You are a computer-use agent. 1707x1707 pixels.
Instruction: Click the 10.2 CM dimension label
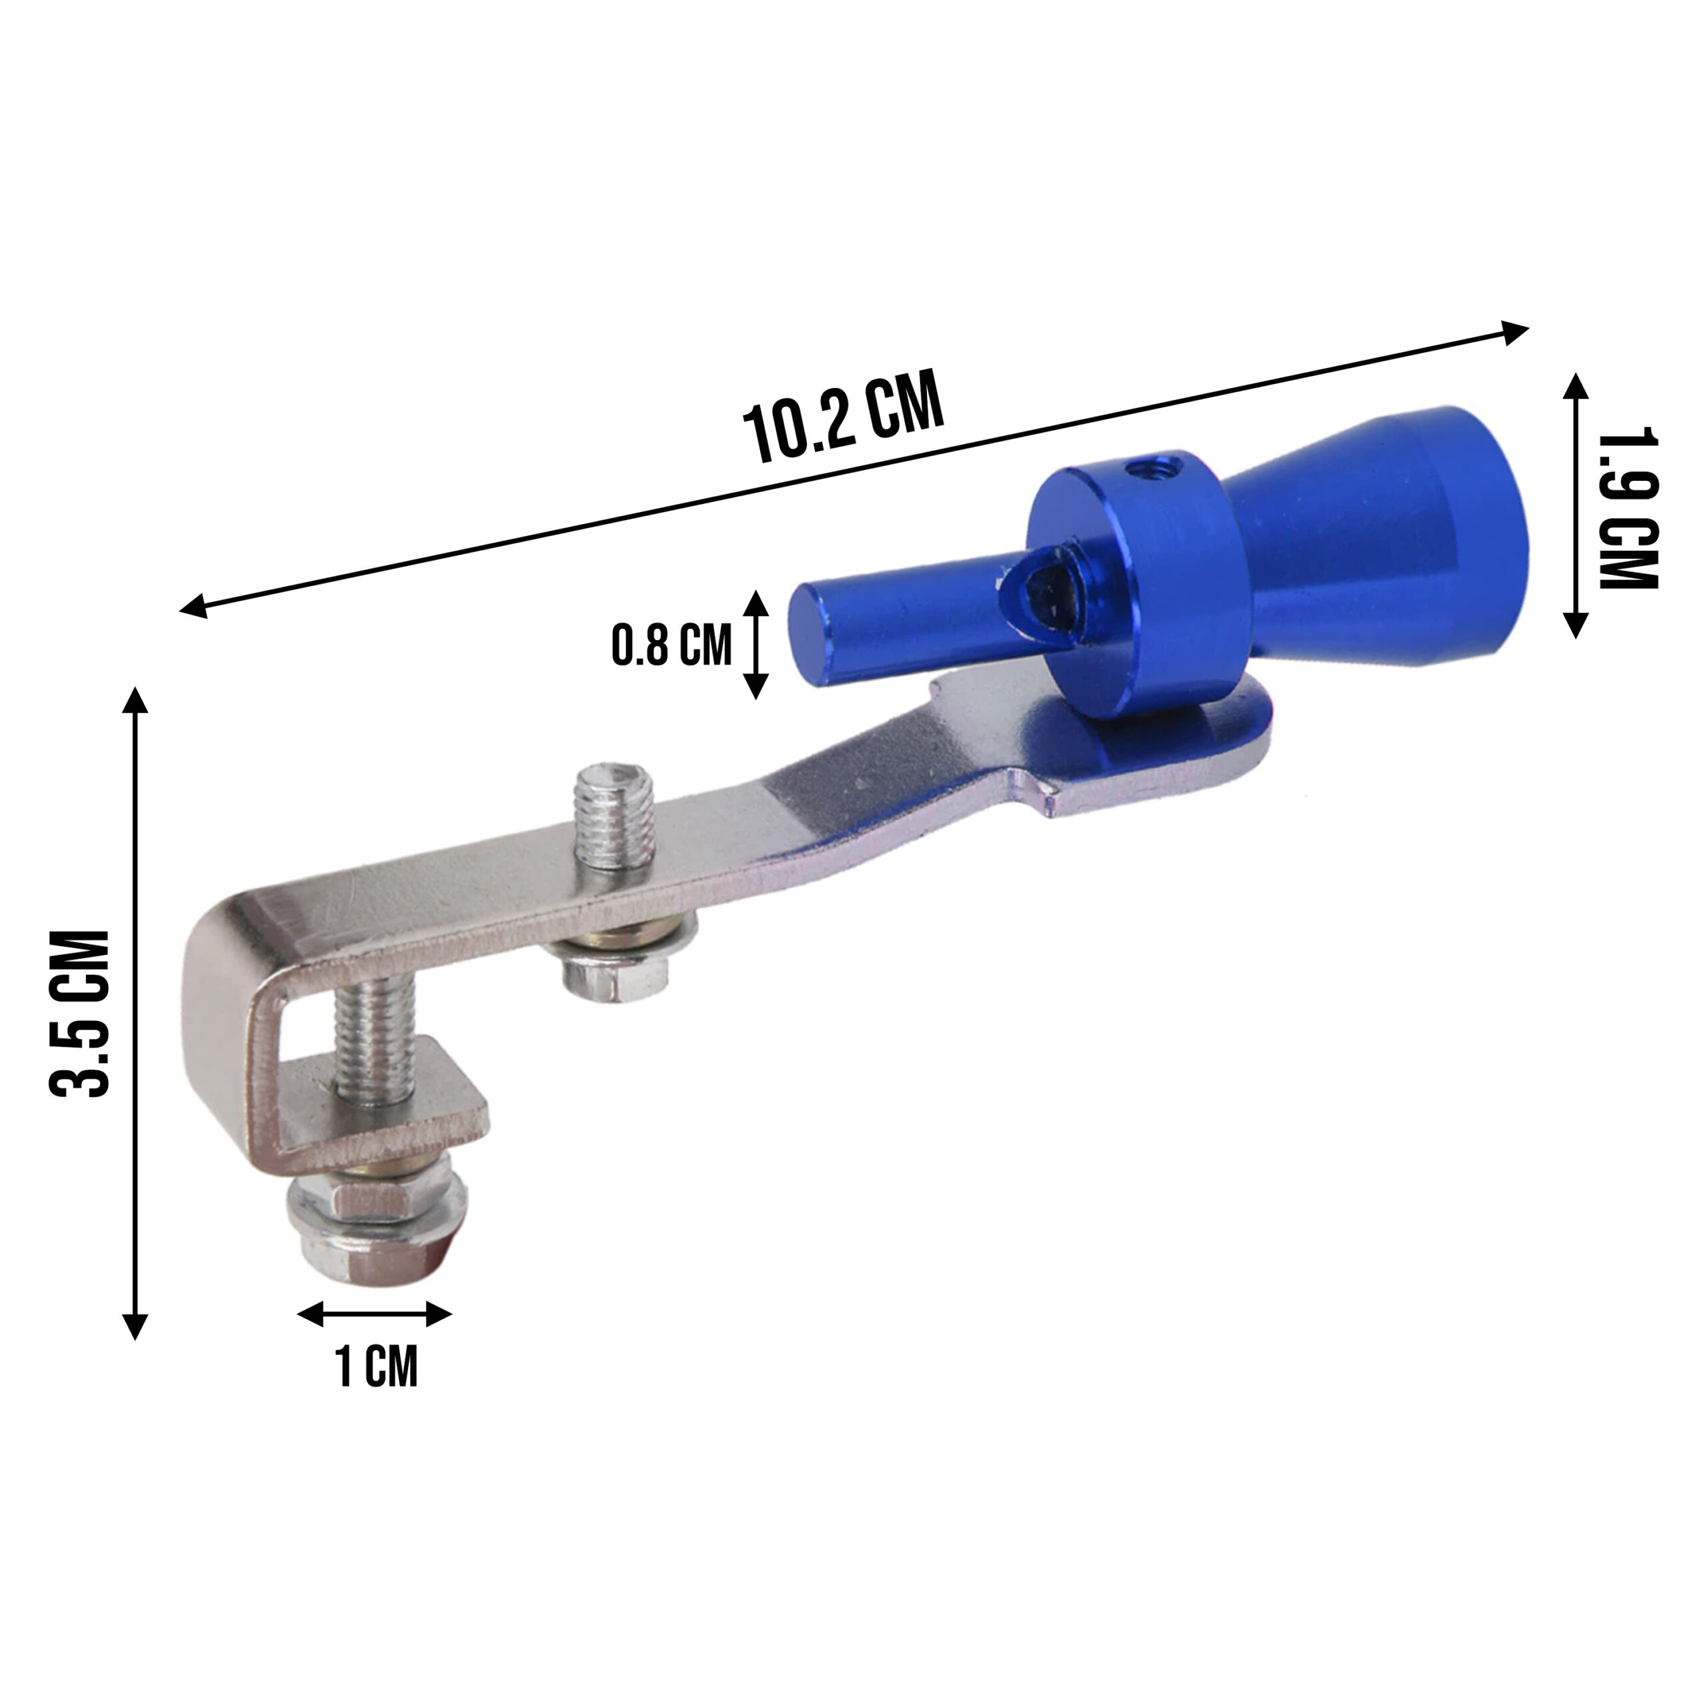click(843, 419)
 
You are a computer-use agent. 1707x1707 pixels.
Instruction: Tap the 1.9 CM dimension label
click(1628, 508)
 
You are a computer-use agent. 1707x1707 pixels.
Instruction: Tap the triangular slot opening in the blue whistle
click(1041, 587)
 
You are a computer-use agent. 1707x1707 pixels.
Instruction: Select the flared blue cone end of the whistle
click(1378, 539)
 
